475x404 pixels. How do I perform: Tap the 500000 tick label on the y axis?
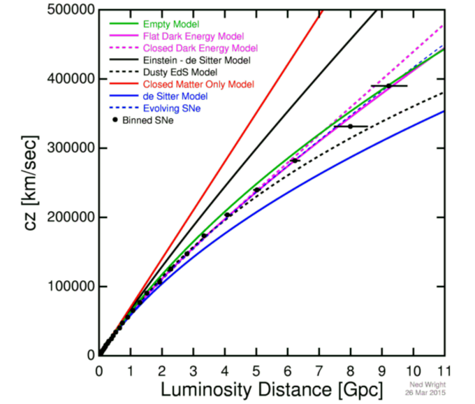[x=70, y=10]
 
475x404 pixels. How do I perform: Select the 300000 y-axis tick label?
[x=70, y=148]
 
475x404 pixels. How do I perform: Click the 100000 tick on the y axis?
[x=70, y=287]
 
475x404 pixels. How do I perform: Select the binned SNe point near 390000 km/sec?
[x=388, y=85]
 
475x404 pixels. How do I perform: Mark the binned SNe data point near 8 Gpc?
[x=350, y=127]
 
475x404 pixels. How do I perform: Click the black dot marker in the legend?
[x=115, y=120]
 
